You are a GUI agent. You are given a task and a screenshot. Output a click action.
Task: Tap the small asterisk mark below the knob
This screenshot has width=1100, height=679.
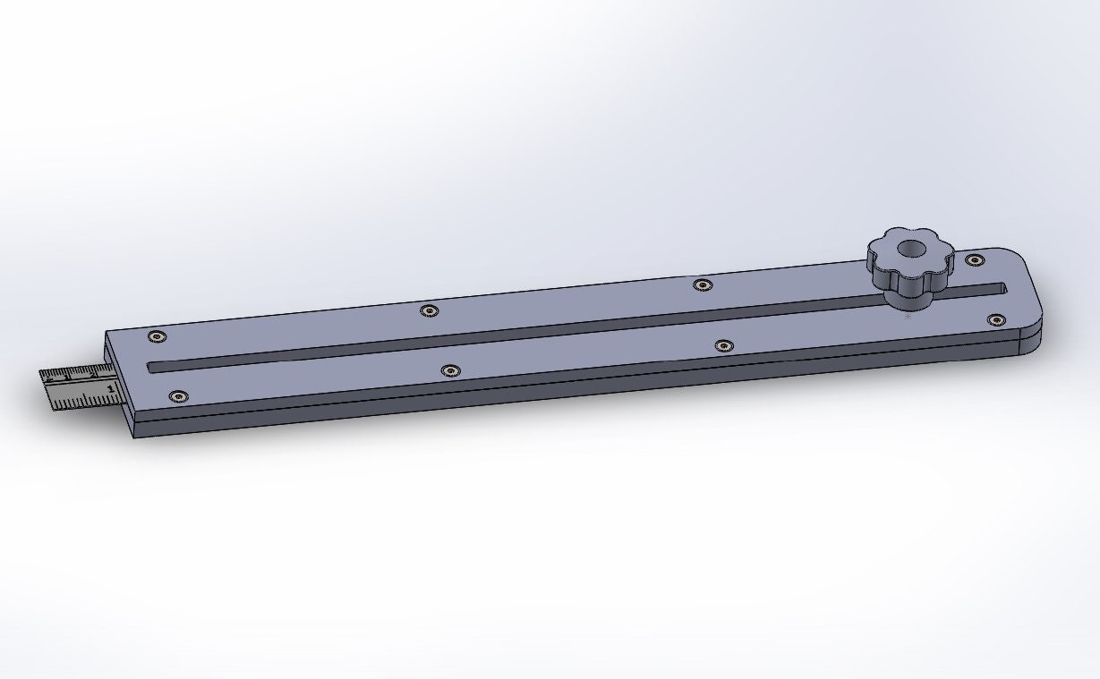click(908, 316)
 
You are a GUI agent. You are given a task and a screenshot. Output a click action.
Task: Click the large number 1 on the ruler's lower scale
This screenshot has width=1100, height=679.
click(109, 389)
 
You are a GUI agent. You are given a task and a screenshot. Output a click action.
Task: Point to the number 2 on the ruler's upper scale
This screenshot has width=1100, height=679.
click(92, 374)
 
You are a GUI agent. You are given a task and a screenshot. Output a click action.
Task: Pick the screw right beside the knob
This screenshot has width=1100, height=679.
click(974, 259)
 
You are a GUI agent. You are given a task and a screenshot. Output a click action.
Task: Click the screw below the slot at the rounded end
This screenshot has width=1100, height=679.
click(994, 319)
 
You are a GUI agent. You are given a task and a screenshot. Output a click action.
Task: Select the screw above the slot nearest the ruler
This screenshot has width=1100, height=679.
click(158, 336)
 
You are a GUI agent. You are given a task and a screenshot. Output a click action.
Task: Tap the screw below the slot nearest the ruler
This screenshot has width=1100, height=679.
click(178, 395)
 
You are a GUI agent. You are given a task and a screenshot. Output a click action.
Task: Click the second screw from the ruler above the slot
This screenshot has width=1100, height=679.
click(430, 310)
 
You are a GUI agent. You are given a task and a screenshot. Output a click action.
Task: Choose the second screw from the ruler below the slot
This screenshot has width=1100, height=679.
click(450, 369)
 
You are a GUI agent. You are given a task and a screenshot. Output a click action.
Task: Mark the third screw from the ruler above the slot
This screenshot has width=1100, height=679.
click(703, 284)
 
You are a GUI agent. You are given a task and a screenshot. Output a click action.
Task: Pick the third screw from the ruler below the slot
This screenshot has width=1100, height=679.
click(723, 344)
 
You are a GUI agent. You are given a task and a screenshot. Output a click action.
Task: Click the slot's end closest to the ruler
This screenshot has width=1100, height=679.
click(154, 366)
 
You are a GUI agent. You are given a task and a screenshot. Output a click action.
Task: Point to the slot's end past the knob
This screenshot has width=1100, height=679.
click(1001, 288)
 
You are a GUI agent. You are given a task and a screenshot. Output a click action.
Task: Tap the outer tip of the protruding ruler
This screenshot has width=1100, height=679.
click(45, 390)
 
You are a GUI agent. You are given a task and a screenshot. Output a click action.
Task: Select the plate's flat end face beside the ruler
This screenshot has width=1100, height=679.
click(120, 385)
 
